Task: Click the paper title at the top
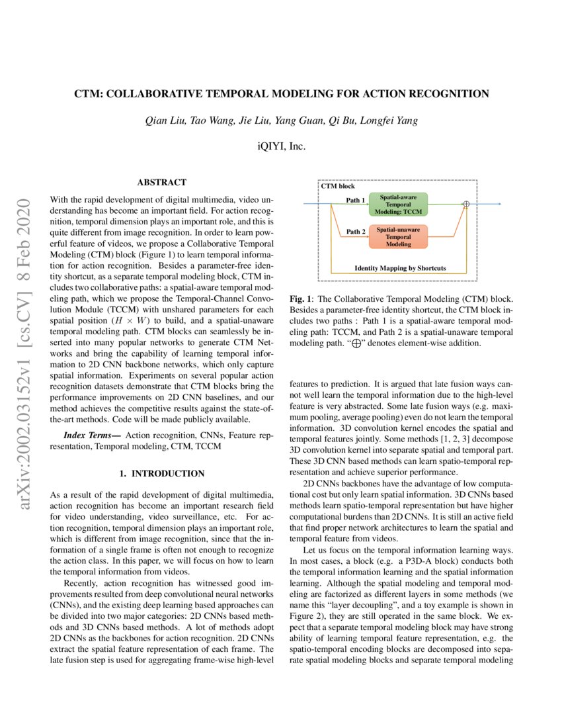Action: (281, 94)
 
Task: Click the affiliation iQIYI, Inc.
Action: (281, 146)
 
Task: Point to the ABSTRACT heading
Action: (161, 182)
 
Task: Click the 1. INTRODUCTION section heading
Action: (161, 474)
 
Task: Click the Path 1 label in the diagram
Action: (356, 199)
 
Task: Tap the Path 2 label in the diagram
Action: (356, 232)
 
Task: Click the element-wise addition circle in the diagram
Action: (465, 205)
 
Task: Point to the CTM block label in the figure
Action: (337, 187)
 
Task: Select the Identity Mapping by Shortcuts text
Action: (400, 268)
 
